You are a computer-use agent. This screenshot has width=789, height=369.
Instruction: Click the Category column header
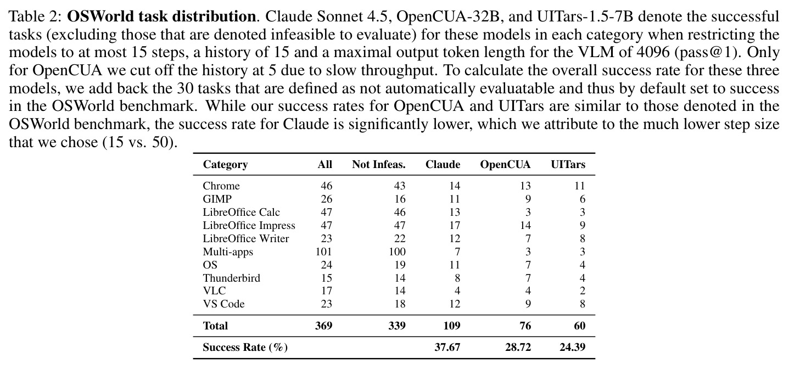(x=226, y=164)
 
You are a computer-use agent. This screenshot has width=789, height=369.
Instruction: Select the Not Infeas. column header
(x=379, y=164)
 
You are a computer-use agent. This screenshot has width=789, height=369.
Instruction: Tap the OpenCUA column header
(x=505, y=164)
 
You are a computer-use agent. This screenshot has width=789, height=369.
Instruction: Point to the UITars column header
(x=568, y=164)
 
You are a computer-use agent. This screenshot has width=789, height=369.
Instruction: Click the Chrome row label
(x=221, y=186)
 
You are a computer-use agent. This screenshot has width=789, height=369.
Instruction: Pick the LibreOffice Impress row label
(x=249, y=225)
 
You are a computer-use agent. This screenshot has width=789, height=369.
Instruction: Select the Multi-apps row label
(x=228, y=251)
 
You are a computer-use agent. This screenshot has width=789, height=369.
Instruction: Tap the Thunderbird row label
(x=231, y=278)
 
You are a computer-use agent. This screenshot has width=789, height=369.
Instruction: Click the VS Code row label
(x=223, y=304)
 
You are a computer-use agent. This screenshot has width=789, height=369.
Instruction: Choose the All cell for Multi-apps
(x=324, y=251)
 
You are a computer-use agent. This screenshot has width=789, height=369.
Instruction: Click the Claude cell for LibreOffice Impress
(x=455, y=225)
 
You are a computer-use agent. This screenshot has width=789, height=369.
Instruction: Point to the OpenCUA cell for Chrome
(x=525, y=186)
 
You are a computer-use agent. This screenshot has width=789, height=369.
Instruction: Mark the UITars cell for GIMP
(x=582, y=199)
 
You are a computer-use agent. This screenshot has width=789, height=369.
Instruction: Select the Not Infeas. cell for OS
(x=400, y=265)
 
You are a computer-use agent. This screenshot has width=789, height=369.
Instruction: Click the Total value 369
(x=324, y=326)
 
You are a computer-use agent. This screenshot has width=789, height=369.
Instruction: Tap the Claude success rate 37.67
(x=447, y=348)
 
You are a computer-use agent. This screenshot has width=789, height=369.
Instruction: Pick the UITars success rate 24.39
(x=572, y=348)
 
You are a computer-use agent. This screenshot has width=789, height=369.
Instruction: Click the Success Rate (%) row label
(x=245, y=348)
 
